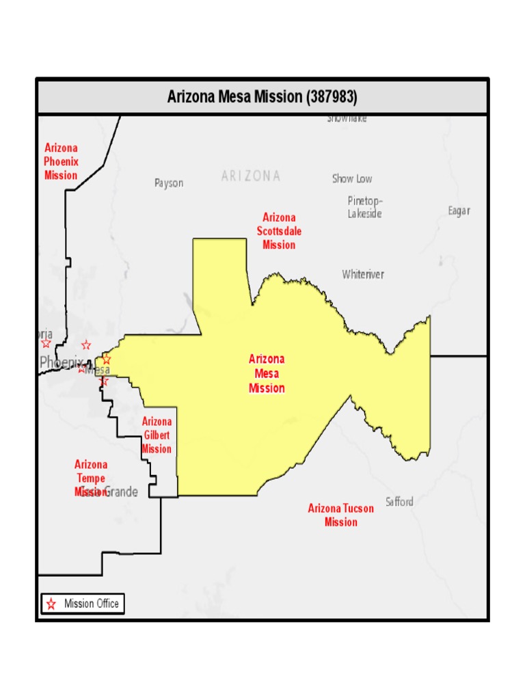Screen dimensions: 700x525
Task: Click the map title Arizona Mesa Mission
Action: tap(233, 97)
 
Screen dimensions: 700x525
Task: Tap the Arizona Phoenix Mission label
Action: tap(61, 161)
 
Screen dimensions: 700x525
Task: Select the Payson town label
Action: tap(169, 183)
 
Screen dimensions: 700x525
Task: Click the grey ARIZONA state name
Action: tap(250, 176)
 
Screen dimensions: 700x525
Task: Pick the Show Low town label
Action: tap(352, 179)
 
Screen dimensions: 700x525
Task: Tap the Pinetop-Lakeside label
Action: tap(365, 207)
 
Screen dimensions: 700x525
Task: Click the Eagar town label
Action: tap(459, 211)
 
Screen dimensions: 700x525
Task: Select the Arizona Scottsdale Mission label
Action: tap(279, 231)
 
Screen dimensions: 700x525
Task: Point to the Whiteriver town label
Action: tap(363, 274)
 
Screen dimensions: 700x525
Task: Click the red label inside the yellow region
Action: tap(267, 373)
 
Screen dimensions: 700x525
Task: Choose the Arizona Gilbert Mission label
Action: tap(157, 435)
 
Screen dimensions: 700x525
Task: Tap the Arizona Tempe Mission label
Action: tap(91, 478)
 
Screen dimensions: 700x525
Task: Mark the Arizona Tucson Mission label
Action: tap(340, 515)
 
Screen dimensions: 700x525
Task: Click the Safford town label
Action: tap(399, 502)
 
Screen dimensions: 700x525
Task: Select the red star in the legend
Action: tap(51, 604)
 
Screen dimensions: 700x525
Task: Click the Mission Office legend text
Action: tap(91, 604)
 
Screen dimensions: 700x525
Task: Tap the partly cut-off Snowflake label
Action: tap(347, 119)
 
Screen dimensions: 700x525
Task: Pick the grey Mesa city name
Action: tap(98, 370)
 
